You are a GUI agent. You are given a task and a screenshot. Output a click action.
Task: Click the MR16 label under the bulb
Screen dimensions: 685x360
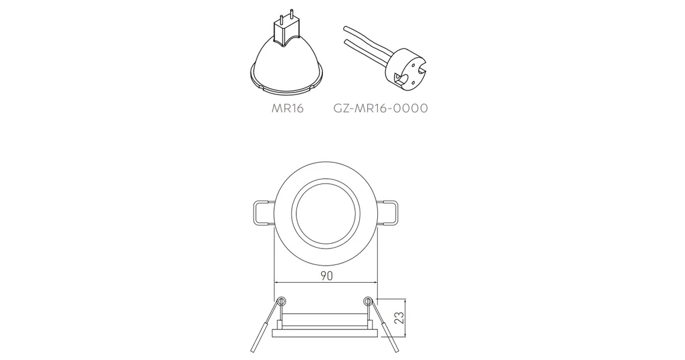pyautogui.click(x=287, y=108)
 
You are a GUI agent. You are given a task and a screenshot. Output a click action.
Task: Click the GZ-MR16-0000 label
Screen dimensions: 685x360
pyautogui.click(x=380, y=108)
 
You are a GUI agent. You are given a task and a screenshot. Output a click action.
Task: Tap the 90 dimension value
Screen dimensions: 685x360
pyautogui.click(x=327, y=276)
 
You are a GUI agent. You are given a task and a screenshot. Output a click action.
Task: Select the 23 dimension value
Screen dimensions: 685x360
pyautogui.click(x=399, y=318)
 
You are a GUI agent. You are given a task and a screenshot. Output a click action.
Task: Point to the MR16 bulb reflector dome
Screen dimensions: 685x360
pyautogui.click(x=287, y=66)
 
